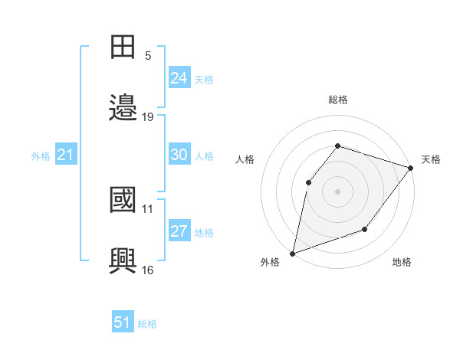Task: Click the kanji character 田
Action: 123,47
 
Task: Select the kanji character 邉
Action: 123,107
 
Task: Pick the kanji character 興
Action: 123,260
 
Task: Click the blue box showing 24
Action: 179,78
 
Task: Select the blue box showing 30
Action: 179,155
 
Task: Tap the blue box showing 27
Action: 179,231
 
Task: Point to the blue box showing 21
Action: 65,155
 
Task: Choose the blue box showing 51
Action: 123,322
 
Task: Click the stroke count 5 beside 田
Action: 148,56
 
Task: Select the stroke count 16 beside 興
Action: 148,270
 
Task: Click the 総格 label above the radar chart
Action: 338,100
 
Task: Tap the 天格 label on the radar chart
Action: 431,159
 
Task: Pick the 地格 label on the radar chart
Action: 402,262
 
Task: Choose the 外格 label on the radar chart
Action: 270,262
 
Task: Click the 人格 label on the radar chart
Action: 245,159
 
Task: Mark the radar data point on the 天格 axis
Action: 410,167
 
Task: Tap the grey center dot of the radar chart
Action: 337,191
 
